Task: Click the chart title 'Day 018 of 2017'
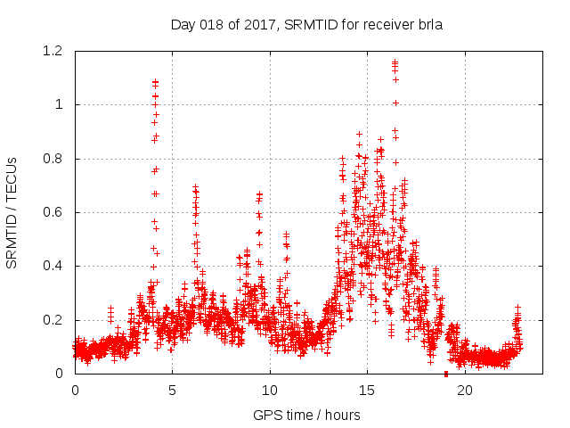(223, 25)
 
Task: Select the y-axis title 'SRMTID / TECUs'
(12, 212)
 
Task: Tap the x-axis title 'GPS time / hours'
(306, 415)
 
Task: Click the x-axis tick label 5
(172, 391)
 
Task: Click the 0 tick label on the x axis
(75, 391)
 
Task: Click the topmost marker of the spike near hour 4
(155, 82)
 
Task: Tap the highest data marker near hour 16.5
(395, 62)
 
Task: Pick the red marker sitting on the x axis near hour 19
(446, 373)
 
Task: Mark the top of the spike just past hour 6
(195, 187)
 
